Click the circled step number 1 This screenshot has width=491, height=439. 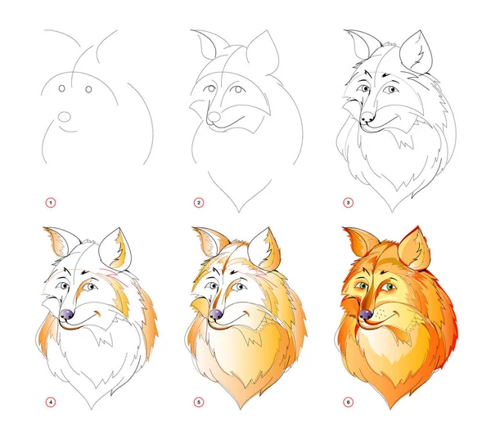(x=51, y=203)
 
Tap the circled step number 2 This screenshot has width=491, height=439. (x=199, y=203)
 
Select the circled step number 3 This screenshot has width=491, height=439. (x=348, y=203)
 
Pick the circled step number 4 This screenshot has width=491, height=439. (x=51, y=402)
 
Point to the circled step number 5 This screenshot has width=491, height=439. (x=199, y=402)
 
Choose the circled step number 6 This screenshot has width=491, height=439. (x=348, y=402)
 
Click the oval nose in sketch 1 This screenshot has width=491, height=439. (x=65, y=116)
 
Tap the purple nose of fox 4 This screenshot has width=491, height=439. (x=67, y=314)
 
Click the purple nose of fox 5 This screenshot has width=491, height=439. (x=216, y=314)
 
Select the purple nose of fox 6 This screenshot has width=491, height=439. (x=366, y=314)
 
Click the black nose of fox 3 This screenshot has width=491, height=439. (x=367, y=117)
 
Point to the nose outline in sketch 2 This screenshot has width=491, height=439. (x=214, y=117)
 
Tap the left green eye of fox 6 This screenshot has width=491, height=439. (x=363, y=285)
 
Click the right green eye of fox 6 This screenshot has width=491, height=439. (x=390, y=286)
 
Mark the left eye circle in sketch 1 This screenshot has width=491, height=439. (x=61, y=88)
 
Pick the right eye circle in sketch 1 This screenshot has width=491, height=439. (x=88, y=89)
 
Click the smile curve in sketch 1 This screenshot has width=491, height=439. (x=68, y=130)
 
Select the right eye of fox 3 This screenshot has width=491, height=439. (x=391, y=89)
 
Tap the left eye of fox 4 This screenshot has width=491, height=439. (x=64, y=286)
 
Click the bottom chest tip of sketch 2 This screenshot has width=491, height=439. (x=239, y=212)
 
